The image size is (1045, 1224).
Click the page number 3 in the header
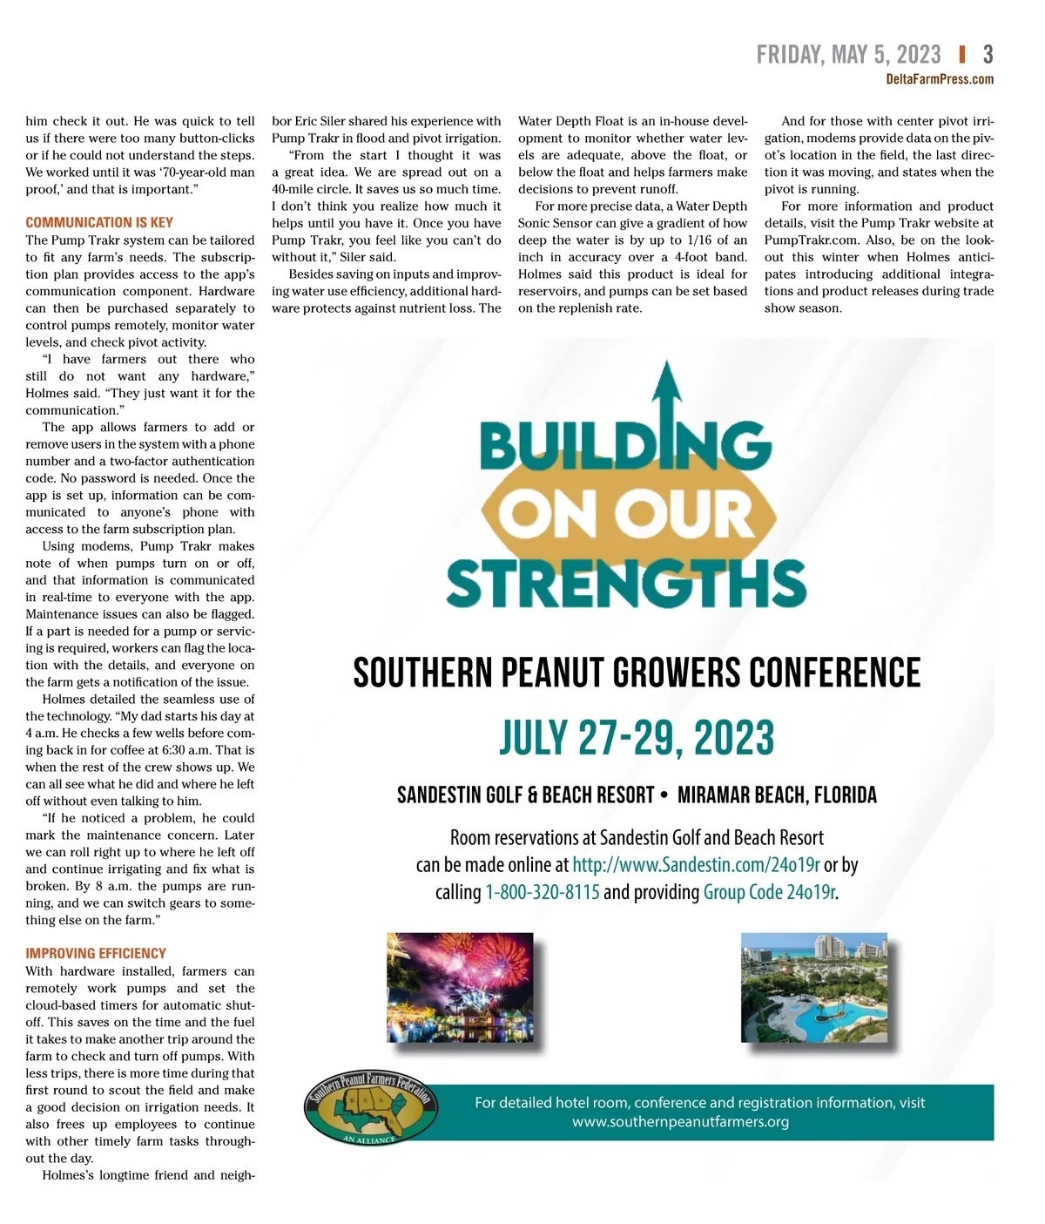tap(988, 55)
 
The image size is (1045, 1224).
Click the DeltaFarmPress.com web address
tap(940, 79)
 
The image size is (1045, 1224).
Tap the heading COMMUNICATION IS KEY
tap(99, 222)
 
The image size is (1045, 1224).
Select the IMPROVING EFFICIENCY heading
tap(96, 953)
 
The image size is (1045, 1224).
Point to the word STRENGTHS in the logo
tap(626, 583)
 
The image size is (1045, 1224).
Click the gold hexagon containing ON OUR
tap(627, 514)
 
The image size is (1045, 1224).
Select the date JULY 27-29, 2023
tap(637, 739)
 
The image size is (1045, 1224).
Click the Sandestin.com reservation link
tap(696, 865)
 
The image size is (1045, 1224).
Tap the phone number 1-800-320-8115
tap(542, 892)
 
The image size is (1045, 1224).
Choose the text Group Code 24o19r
tap(769, 892)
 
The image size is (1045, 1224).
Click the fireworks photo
tap(460, 987)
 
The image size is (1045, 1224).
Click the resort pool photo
tap(814, 987)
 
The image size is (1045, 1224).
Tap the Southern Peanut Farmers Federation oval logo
tap(371, 1108)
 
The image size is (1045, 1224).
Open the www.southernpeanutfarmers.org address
tap(680, 1122)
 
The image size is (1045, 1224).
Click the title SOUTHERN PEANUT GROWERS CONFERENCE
tap(637, 673)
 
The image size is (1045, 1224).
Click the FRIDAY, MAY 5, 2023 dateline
tap(848, 55)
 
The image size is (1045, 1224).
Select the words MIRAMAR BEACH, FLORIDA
tap(777, 795)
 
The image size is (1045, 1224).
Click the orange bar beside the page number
tap(961, 55)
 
